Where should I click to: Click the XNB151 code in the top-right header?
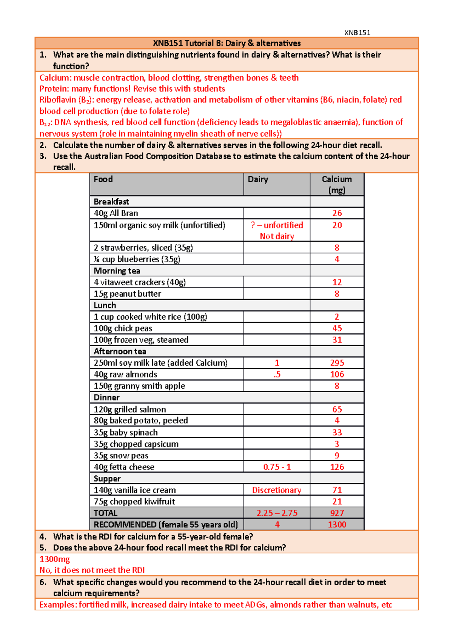pyautogui.click(x=357, y=32)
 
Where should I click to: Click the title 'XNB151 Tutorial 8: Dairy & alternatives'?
pyautogui.click(x=226, y=43)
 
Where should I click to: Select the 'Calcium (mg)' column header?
pyautogui.click(x=337, y=184)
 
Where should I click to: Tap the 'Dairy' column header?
pyautogui.click(x=258, y=179)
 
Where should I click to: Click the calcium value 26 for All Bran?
pyautogui.click(x=337, y=213)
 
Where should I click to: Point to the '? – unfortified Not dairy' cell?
pyautogui.click(x=277, y=230)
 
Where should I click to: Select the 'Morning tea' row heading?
pyautogui.click(x=117, y=271)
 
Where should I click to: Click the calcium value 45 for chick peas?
pyautogui.click(x=337, y=328)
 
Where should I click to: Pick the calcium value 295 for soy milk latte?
pyautogui.click(x=337, y=363)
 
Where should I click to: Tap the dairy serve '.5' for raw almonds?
pyautogui.click(x=277, y=374)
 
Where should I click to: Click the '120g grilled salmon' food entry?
pyautogui.click(x=130, y=409)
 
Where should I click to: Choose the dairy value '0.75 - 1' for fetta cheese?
pyautogui.click(x=277, y=467)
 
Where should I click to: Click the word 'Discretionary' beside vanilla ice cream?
pyautogui.click(x=277, y=490)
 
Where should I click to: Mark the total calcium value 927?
pyautogui.click(x=337, y=513)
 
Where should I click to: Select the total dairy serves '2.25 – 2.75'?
pyautogui.click(x=277, y=513)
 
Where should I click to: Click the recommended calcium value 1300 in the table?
pyautogui.click(x=337, y=524)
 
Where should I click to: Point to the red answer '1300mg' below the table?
pyautogui.click(x=55, y=559)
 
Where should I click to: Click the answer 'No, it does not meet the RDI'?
pyautogui.click(x=92, y=570)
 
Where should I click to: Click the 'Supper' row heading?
pyautogui.click(x=107, y=478)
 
